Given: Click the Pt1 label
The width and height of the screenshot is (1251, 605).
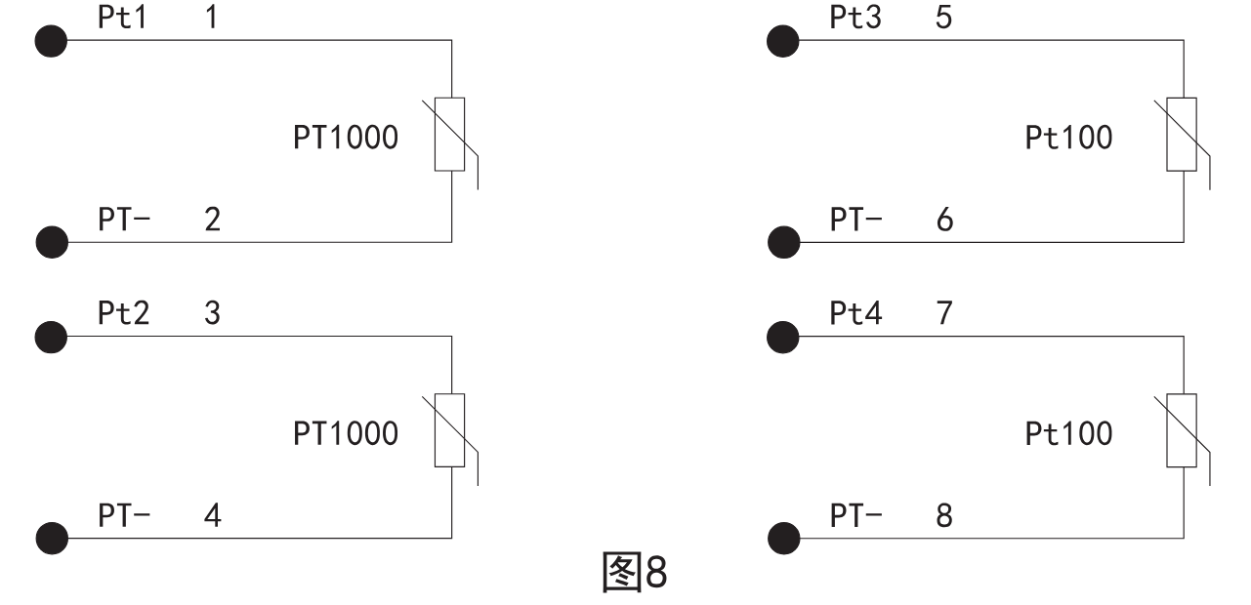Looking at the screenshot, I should (x=123, y=18).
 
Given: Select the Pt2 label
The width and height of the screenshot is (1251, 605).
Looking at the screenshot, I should (x=123, y=314).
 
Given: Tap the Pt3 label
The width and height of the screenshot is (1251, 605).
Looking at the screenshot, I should (x=855, y=18).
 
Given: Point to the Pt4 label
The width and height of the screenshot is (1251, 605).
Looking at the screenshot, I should (x=855, y=314).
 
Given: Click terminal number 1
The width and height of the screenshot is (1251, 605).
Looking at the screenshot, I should (x=212, y=18).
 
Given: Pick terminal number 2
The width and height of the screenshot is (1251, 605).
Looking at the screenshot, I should (x=212, y=220).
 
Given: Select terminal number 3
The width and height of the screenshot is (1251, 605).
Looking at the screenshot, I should (x=212, y=314).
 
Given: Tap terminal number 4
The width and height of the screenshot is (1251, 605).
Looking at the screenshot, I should (x=212, y=515).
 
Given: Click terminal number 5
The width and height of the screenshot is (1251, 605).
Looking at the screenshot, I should (x=943, y=18).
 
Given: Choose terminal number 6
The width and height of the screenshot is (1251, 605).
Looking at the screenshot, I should (x=943, y=220).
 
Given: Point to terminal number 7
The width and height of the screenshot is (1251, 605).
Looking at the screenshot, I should (x=943, y=314).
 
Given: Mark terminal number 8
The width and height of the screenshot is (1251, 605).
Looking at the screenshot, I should (x=943, y=515).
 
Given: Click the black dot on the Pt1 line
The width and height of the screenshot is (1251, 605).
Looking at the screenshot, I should (x=51, y=41).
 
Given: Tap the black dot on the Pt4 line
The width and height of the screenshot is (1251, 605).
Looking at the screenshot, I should (x=782, y=338).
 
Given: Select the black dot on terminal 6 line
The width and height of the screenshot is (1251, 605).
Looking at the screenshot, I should (x=782, y=241).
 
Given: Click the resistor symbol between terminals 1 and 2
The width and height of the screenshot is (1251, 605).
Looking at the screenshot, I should (x=450, y=135).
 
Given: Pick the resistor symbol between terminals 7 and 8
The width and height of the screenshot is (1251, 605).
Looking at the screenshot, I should (x=1182, y=430).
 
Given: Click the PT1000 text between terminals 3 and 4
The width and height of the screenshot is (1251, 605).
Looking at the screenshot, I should (x=346, y=433).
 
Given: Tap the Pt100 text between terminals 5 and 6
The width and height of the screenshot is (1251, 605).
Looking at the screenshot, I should (x=1068, y=138).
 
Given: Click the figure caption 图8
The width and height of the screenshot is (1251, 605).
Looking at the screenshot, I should (x=634, y=573).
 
